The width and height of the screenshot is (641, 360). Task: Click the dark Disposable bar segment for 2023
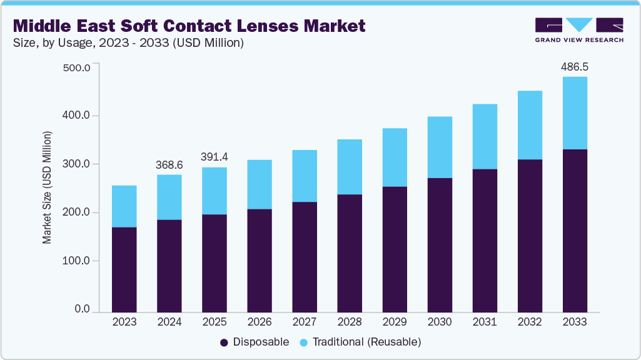pos(124,269)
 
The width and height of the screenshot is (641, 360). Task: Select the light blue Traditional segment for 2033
pos(575,113)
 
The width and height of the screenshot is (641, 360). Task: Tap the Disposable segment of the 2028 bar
pos(350,252)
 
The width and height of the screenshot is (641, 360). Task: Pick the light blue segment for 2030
pos(440,147)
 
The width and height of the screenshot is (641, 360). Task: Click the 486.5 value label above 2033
pos(575,66)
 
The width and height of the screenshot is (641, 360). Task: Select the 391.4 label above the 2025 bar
pos(215,156)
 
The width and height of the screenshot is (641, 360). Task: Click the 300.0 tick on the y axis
pos(78,164)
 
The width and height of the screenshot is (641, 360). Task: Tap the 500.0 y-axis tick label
pos(78,67)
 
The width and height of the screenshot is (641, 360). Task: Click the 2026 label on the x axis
pos(260,322)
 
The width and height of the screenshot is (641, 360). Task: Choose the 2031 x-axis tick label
pos(485,322)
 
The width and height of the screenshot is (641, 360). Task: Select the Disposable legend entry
pos(255,342)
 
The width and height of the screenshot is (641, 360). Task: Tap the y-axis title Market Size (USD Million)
pos(48,187)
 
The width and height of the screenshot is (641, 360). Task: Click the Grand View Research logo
pos(579,30)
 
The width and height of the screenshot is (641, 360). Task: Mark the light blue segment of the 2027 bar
pos(305,176)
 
